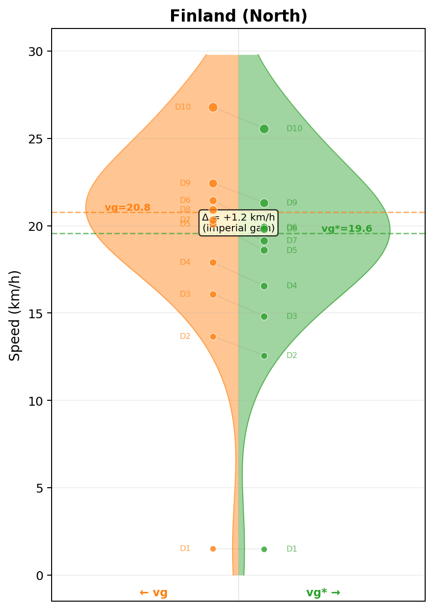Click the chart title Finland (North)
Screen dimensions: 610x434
click(x=238, y=16)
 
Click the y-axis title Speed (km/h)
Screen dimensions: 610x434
click(x=15, y=315)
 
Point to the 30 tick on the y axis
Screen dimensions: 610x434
click(x=35, y=52)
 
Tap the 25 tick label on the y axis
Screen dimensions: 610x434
click(x=35, y=139)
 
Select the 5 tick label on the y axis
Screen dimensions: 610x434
click(x=39, y=488)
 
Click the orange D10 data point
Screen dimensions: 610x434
click(x=213, y=107)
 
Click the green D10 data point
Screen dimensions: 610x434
click(x=264, y=129)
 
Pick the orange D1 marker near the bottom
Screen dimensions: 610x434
click(x=213, y=549)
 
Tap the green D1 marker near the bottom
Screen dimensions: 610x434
click(x=264, y=549)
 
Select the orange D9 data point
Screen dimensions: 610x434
click(x=213, y=183)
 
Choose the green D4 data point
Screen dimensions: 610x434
click(x=264, y=286)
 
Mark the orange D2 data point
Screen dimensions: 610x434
click(x=213, y=336)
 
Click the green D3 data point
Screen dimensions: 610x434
click(x=264, y=316)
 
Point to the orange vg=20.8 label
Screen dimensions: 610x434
click(x=127, y=208)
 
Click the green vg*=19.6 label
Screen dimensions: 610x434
click(x=347, y=229)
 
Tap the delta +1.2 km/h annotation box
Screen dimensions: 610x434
click(x=238, y=223)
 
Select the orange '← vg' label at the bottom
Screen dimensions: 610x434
click(x=153, y=593)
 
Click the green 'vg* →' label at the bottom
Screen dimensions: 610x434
click(x=323, y=593)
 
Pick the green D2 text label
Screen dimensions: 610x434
click(x=292, y=356)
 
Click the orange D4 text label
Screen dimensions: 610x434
click(x=185, y=262)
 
